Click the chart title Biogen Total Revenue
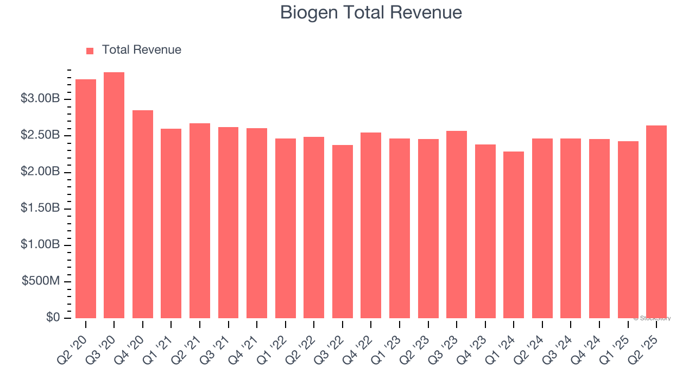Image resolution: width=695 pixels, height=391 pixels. pyautogui.click(x=371, y=12)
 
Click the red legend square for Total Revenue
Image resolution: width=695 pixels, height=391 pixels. pyautogui.click(x=90, y=51)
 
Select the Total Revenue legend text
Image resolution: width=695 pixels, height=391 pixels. pyautogui.click(x=141, y=50)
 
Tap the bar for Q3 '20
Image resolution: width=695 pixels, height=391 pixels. pyautogui.click(x=114, y=195)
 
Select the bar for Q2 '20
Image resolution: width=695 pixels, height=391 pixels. pyautogui.click(x=86, y=199)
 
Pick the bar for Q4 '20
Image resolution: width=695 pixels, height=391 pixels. pyautogui.click(x=143, y=214)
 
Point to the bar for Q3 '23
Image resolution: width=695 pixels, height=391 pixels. pyautogui.click(x=457, y=224)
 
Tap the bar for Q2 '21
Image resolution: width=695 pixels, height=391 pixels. pyautogui.click(x=200, y=220)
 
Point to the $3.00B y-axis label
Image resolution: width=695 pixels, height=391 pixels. pyautogui.click(x=40, y=99)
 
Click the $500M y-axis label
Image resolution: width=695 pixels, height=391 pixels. pyautogui.click(x=41, y=281)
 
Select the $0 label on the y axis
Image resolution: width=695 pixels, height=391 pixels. pyautogui.click(x=53, y=318)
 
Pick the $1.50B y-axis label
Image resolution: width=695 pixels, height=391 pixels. pyautogui.click(x=40, y=209)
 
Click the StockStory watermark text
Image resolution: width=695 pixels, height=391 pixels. pyautogui.click(x=652, y=318)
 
